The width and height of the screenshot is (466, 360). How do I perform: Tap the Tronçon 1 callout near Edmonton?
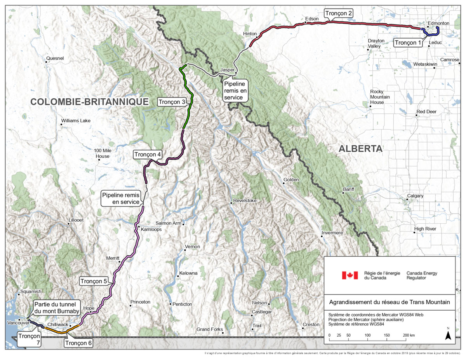pos(408,42)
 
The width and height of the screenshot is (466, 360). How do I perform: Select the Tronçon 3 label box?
pos(172,102)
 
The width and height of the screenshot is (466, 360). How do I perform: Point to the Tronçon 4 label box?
pos(148,154)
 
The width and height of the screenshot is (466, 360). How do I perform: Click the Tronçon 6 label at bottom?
pos(79,343)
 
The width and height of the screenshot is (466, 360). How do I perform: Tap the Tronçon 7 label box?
pos(29,340)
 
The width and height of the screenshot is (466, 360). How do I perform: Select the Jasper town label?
pos(228,70)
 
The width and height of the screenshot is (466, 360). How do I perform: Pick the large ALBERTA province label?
pos(360,149)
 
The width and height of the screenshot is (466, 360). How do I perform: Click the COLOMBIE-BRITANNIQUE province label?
pos(90,102)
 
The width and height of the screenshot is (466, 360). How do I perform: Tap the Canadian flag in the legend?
pos(349,275)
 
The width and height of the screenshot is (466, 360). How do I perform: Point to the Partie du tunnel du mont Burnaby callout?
pos(57,308)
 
